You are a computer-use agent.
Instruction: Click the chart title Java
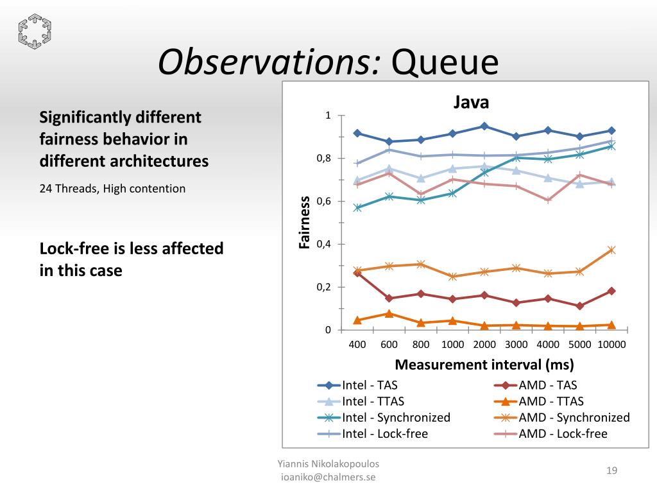(x=472, y=103)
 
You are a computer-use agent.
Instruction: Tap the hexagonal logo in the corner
(x=35, y=31)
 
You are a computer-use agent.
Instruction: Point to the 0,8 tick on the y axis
(x=323, y=159)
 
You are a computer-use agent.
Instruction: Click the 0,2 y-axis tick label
(x=323, y=287)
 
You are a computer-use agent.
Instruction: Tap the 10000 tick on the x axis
(x=611, y=345)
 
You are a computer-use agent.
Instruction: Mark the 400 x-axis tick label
(x=357, y=345)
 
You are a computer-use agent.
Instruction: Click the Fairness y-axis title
(x=305, y=222)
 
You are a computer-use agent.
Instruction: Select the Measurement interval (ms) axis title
(x=484, y=365)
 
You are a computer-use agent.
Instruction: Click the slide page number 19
(x=611, y=471)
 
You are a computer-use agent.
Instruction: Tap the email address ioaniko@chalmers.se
(x=329, y=477)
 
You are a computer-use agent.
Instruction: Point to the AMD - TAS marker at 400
(x=357, y=273)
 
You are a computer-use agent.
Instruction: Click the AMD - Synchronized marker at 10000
(x=611, y=250)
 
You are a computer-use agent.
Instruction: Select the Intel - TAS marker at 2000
(x=484, y=126)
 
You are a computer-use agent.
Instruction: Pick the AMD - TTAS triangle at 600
(x=389, y=313)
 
